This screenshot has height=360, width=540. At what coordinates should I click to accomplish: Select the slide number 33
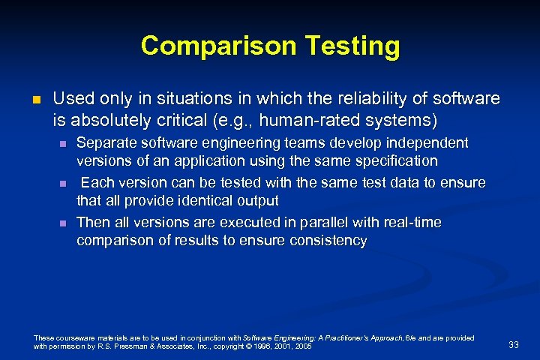pyautogui.click(x=513, y=344)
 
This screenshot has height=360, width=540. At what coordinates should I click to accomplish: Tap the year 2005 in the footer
pyautogui.click(x=304, y=346)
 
